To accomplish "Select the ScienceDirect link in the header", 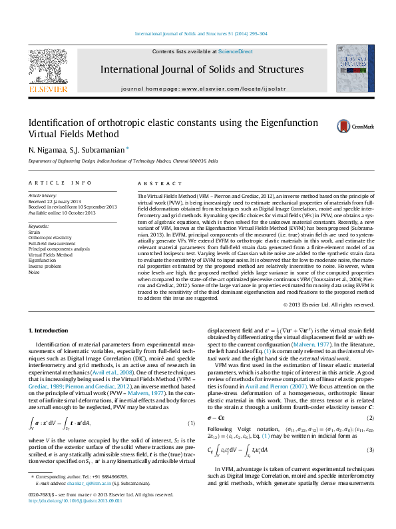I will click(x=236, y=51).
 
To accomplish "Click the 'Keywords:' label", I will click(x=39, y=227).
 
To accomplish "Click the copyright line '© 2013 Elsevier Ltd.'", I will click(x=319, y=304).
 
